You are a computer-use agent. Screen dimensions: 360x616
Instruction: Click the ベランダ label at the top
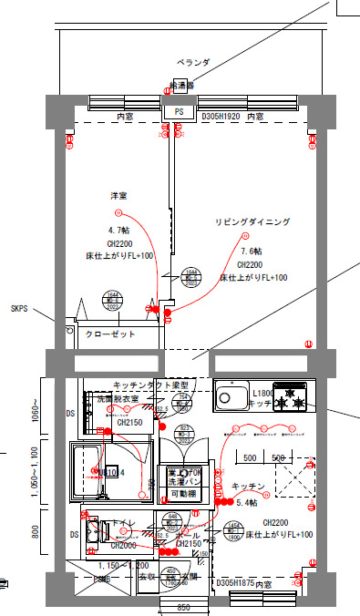[192, 63]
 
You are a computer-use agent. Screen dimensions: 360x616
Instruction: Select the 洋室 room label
[118, 196]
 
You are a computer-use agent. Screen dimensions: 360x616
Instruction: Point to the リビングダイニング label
[252, 222]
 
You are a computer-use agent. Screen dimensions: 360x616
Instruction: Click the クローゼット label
[110, 335]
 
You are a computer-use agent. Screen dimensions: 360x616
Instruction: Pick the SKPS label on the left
[19, 309]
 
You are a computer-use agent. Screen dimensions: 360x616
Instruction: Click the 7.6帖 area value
[252, 252]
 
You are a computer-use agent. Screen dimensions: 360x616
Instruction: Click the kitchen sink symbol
[227, 398]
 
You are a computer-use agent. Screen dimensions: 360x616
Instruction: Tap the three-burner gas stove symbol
[292, 398]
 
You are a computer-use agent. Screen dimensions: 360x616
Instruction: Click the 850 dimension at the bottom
[183, 607]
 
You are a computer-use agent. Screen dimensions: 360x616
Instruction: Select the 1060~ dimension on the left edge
[36, 414]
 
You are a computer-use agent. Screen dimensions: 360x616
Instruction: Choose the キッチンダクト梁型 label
[150, 385]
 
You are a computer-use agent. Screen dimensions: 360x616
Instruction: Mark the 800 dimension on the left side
[36, 532]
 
